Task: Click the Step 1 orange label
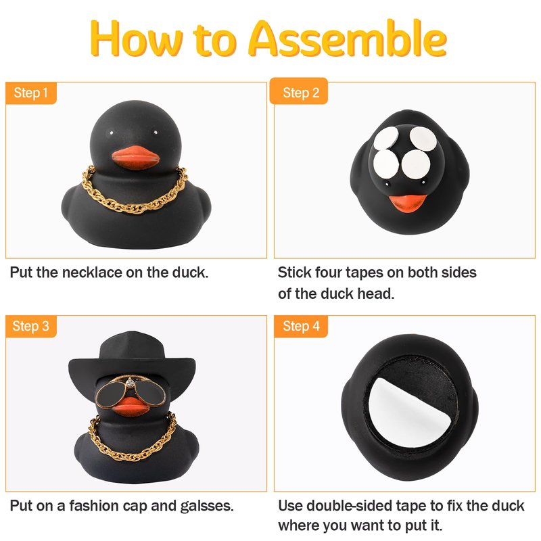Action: point(30,93)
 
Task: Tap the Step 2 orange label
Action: point(299,91)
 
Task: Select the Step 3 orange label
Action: point(30,326)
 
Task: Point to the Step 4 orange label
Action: point(301,326)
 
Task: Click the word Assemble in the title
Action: point(348,39)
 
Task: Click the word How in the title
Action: point(136,39)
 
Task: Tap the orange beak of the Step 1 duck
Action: point(136,158)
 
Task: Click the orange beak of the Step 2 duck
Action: point(408,203)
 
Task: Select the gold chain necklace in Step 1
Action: point(135,191)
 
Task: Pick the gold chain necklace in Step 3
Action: point(133,438)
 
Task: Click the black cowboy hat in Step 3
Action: point(132,362)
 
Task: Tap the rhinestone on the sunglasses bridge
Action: point(130,383)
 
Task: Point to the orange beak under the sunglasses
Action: point(131,407)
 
